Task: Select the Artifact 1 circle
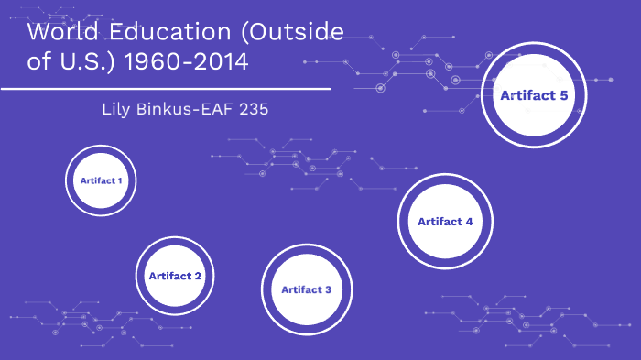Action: click(x=101, y=180)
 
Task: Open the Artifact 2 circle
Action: click(x=175, y=276)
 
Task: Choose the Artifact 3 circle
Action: click(x=307, y=289)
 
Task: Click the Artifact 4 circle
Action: click(x=445, y=221)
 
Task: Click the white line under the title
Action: click(x=165, y=89)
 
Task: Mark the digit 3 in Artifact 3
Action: click(x=328, y=289)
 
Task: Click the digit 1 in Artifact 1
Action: click(x=119, y=180)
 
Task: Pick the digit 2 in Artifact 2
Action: click(x=198, y=276)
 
